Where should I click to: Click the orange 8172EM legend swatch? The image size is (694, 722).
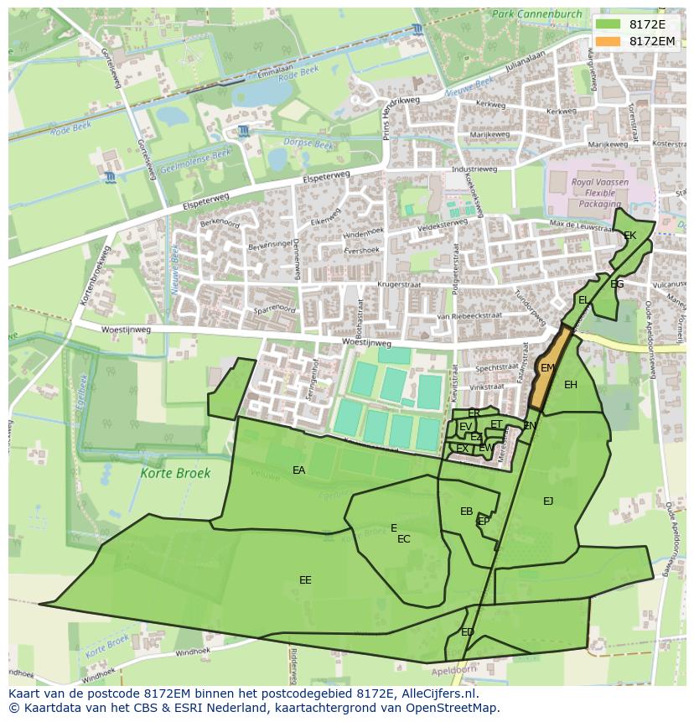[x=609, y=41]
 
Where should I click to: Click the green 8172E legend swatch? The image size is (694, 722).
[x=609, y=24]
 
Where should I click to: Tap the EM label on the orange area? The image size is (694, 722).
[x=547, y=368]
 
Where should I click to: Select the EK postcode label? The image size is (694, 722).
[x=630, y=236]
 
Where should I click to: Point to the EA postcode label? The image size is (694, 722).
[x=299, y=470]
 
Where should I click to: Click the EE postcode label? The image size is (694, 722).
[x=305, y=580]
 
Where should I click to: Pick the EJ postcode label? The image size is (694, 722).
[x=548, y=501]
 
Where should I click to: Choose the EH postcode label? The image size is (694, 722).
[x=571, y=385]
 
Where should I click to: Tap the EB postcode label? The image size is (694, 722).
[x=467, y=512]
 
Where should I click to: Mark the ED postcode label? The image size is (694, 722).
[x=468, y=632]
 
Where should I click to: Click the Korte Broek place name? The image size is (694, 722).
[x=176, y=474]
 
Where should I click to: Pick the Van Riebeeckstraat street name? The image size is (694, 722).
[x=469, y=315]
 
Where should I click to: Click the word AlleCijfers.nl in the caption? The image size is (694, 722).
[x=437, y=694]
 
